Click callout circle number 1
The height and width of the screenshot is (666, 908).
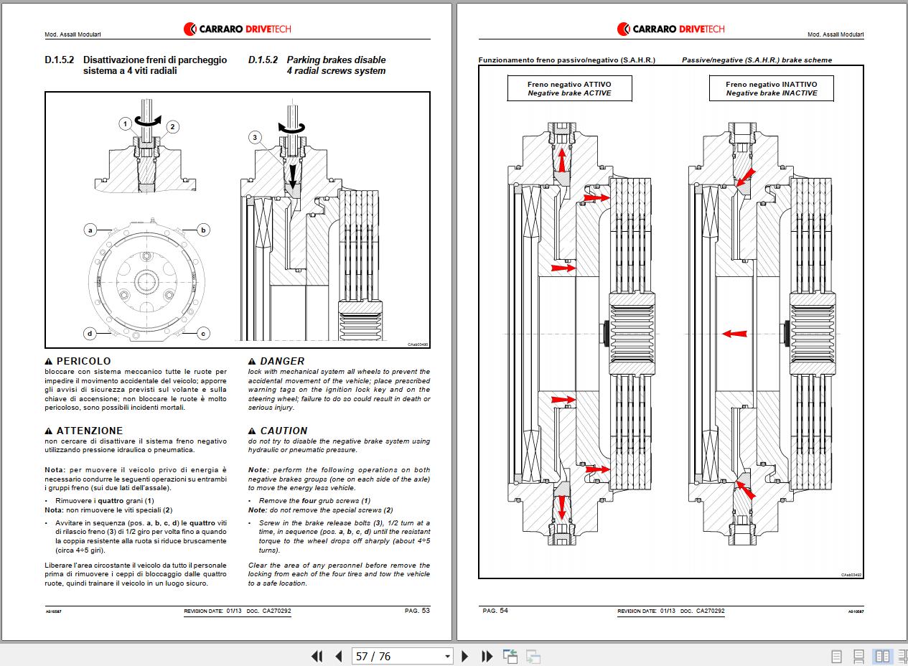[x=125, y=124]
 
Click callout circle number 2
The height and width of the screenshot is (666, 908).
[x=172, y=127]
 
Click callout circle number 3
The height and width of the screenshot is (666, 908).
[x=255, y=137]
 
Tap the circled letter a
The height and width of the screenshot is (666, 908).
[x=90, y=230]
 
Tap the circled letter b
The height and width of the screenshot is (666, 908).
[x=204, y=230]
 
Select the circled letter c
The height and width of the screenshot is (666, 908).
[x=204, y=333]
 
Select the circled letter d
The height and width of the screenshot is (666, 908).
[x=90, y=333]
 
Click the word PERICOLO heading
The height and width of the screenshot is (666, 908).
[x=83, y=361]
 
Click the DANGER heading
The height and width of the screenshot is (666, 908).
[x=281, y=361]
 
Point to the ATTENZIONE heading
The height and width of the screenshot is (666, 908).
[x=89, y=431]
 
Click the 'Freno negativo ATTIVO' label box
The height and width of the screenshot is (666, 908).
[x=559, y=88]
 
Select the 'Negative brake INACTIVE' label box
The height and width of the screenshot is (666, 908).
[x=771, y=88]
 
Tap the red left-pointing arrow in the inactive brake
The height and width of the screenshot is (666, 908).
[x=734, y=334]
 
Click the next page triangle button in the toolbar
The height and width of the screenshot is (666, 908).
[x=465, y=656]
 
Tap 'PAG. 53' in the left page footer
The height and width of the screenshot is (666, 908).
[x=416, y=611]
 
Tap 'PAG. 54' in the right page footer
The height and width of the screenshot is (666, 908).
[x=495, y=611]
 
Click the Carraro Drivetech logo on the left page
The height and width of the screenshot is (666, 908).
[x=237, y=29]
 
